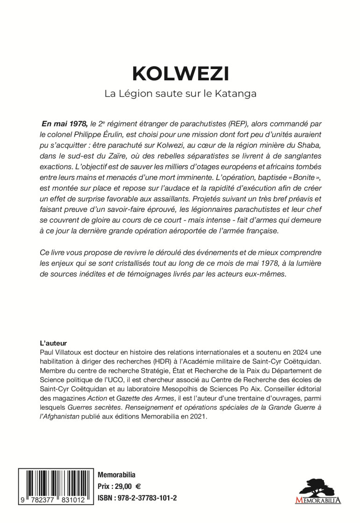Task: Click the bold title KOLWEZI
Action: click(180, 74)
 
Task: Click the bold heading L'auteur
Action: click(54, 342)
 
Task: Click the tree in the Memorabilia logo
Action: click(318, 487)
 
